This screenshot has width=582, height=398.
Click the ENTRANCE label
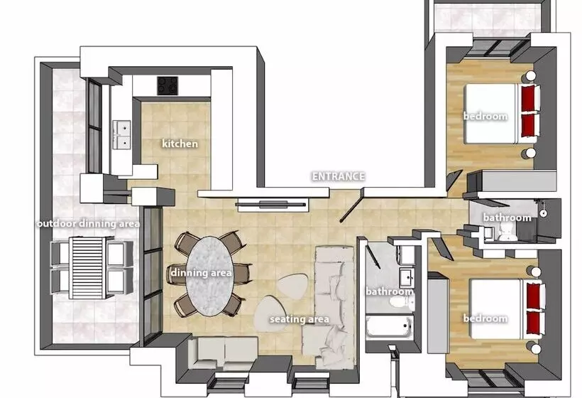pos(339,176)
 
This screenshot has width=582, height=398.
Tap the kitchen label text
pos(180,144)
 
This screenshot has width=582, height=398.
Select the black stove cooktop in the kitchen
pos(168,86)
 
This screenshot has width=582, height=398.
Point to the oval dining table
pos(210,274)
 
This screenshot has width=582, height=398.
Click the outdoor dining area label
pos(88,223)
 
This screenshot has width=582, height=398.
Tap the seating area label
pos(299,319)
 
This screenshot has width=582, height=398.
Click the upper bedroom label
pos(485,116)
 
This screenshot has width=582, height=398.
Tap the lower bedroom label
pos(485,318)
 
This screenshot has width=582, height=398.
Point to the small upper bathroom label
pos(507,217)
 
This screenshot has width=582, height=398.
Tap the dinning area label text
pos(201,272)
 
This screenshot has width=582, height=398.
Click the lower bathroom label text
pos(389,291)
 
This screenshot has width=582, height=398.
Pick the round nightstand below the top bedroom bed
pos(529,153)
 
